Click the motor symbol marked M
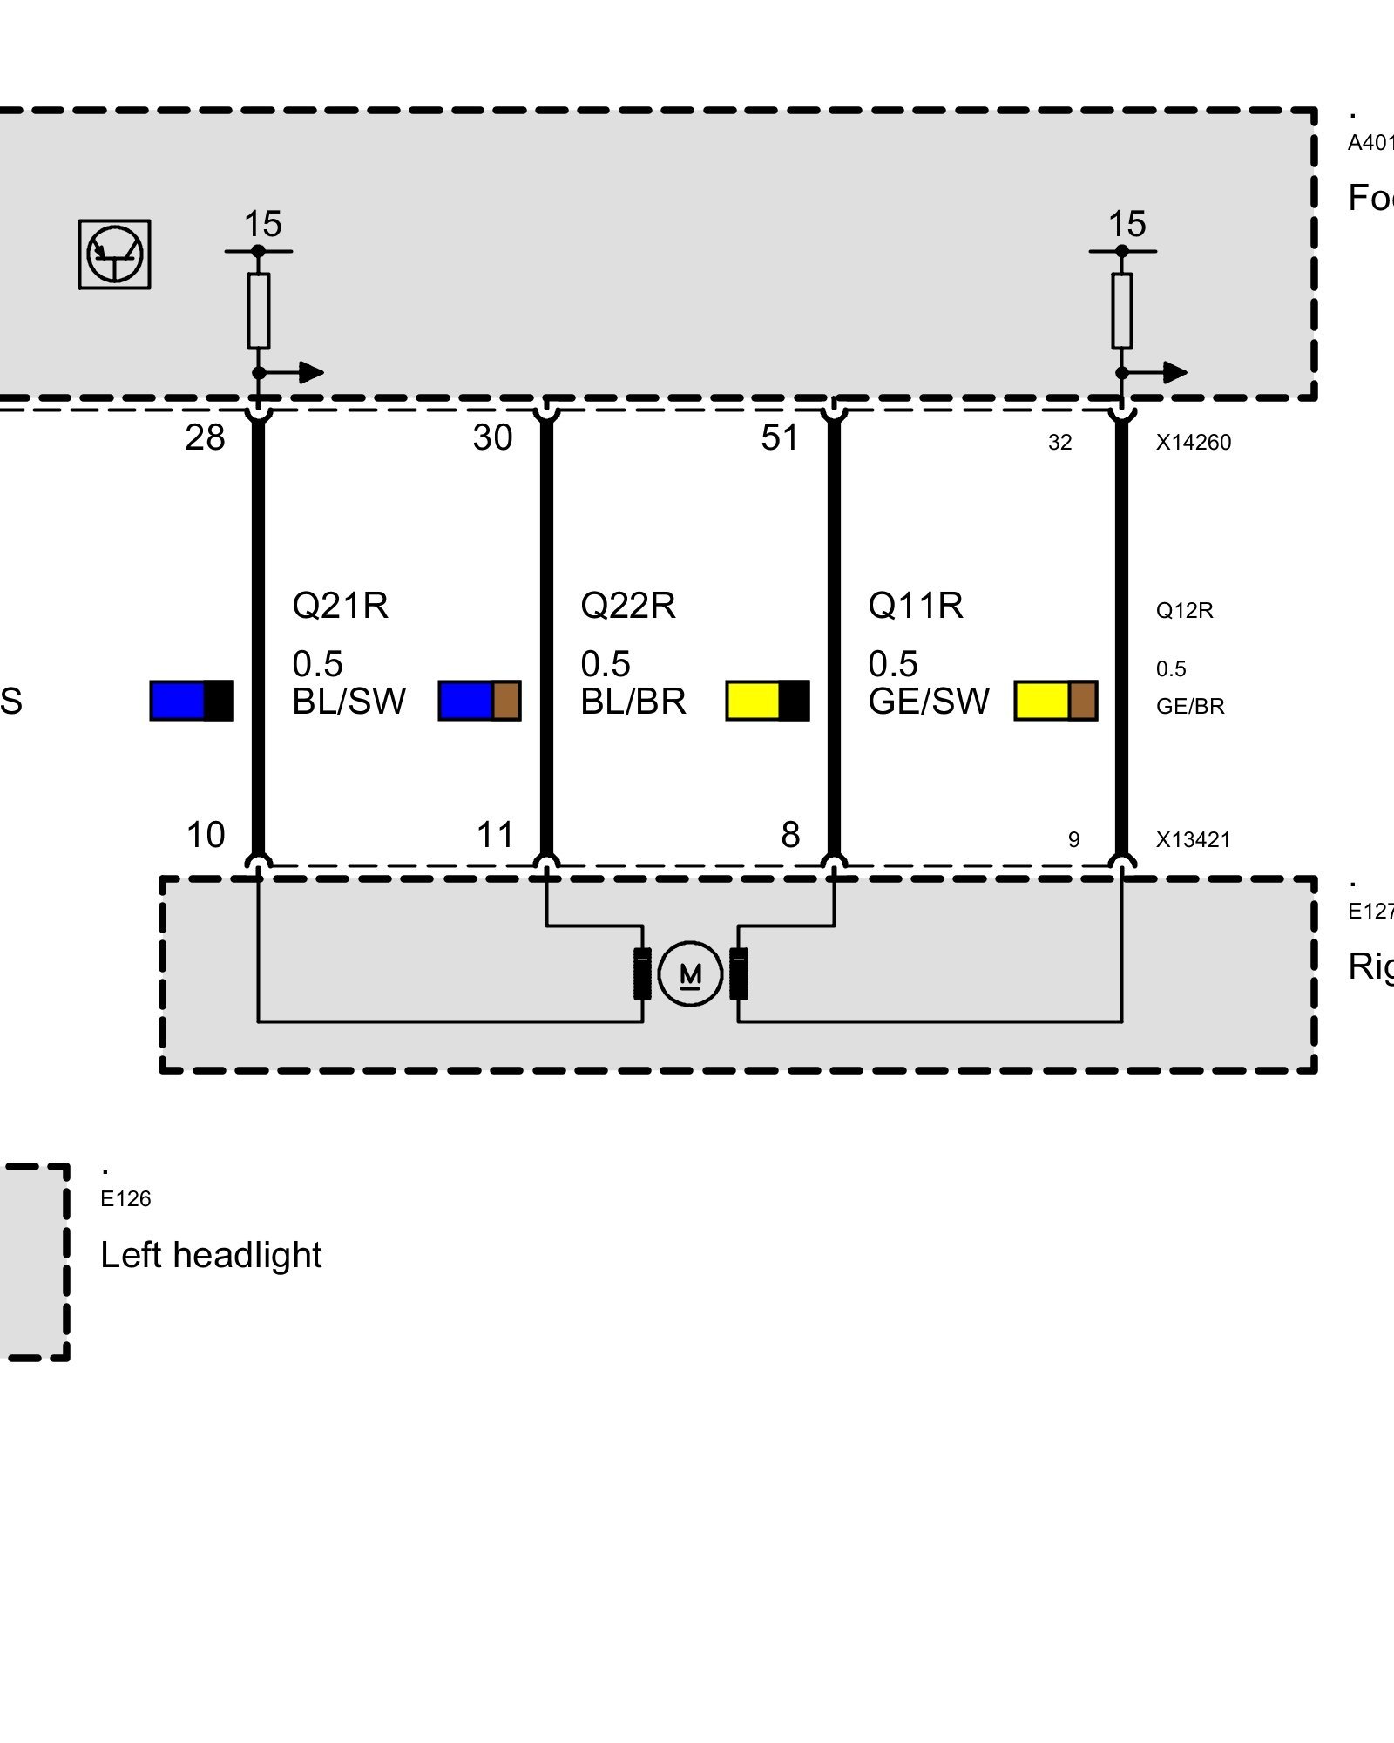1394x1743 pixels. [x=690, y=973]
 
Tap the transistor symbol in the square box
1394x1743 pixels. [x=114, y=254]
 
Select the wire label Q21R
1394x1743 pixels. [x=340, y=605]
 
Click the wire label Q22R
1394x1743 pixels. [x=627, y=605]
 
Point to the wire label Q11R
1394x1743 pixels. [x=915, y=605]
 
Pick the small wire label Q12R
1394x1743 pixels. [x=1184, y=610]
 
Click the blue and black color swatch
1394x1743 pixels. [x=192, y=701]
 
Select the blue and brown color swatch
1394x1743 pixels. [x=479, y=701]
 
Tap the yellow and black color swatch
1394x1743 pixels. [x=768, y=701]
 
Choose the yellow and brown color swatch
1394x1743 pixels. [x=1055, y=701]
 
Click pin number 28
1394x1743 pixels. [x=205, y=437]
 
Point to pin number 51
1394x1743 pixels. [x=780, y=437]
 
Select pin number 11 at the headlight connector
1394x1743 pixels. [x=495, y=835]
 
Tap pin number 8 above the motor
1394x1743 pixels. [x=790, y=835]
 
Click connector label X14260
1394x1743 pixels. [x=1193, y=443]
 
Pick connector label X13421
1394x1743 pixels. [x=1193, y=840]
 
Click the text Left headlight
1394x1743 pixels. [x=211, y=1255]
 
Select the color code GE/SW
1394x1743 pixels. [x=929, y=702]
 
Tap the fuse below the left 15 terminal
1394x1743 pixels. [x=259, y=311]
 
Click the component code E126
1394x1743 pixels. [x=125, y=1199]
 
